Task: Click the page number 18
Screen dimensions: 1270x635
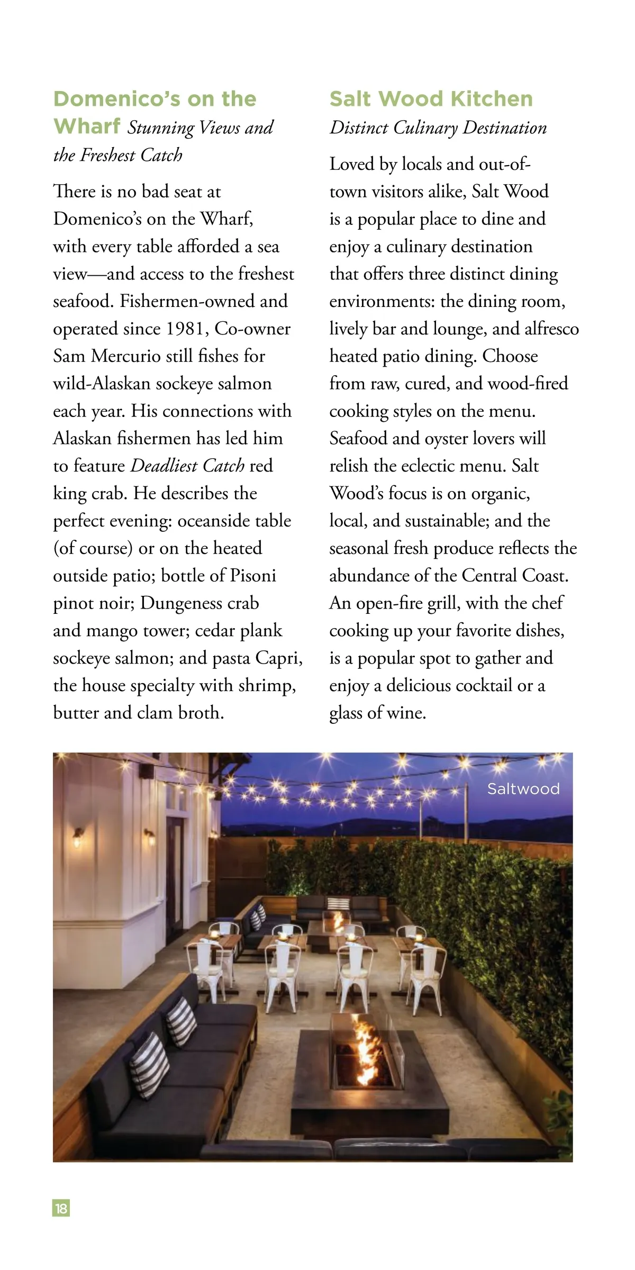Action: point(61,1209)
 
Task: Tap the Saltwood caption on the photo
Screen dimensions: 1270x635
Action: point(523,789)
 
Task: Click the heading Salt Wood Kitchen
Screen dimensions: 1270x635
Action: point(431,99)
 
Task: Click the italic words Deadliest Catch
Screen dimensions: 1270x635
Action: point(187,466)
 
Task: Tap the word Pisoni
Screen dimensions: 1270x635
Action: point(251,576)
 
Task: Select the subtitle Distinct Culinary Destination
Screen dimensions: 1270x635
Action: point(438,128)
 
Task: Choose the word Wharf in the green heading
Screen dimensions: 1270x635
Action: point(87,126)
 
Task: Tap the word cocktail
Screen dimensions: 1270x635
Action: point(484,685)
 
